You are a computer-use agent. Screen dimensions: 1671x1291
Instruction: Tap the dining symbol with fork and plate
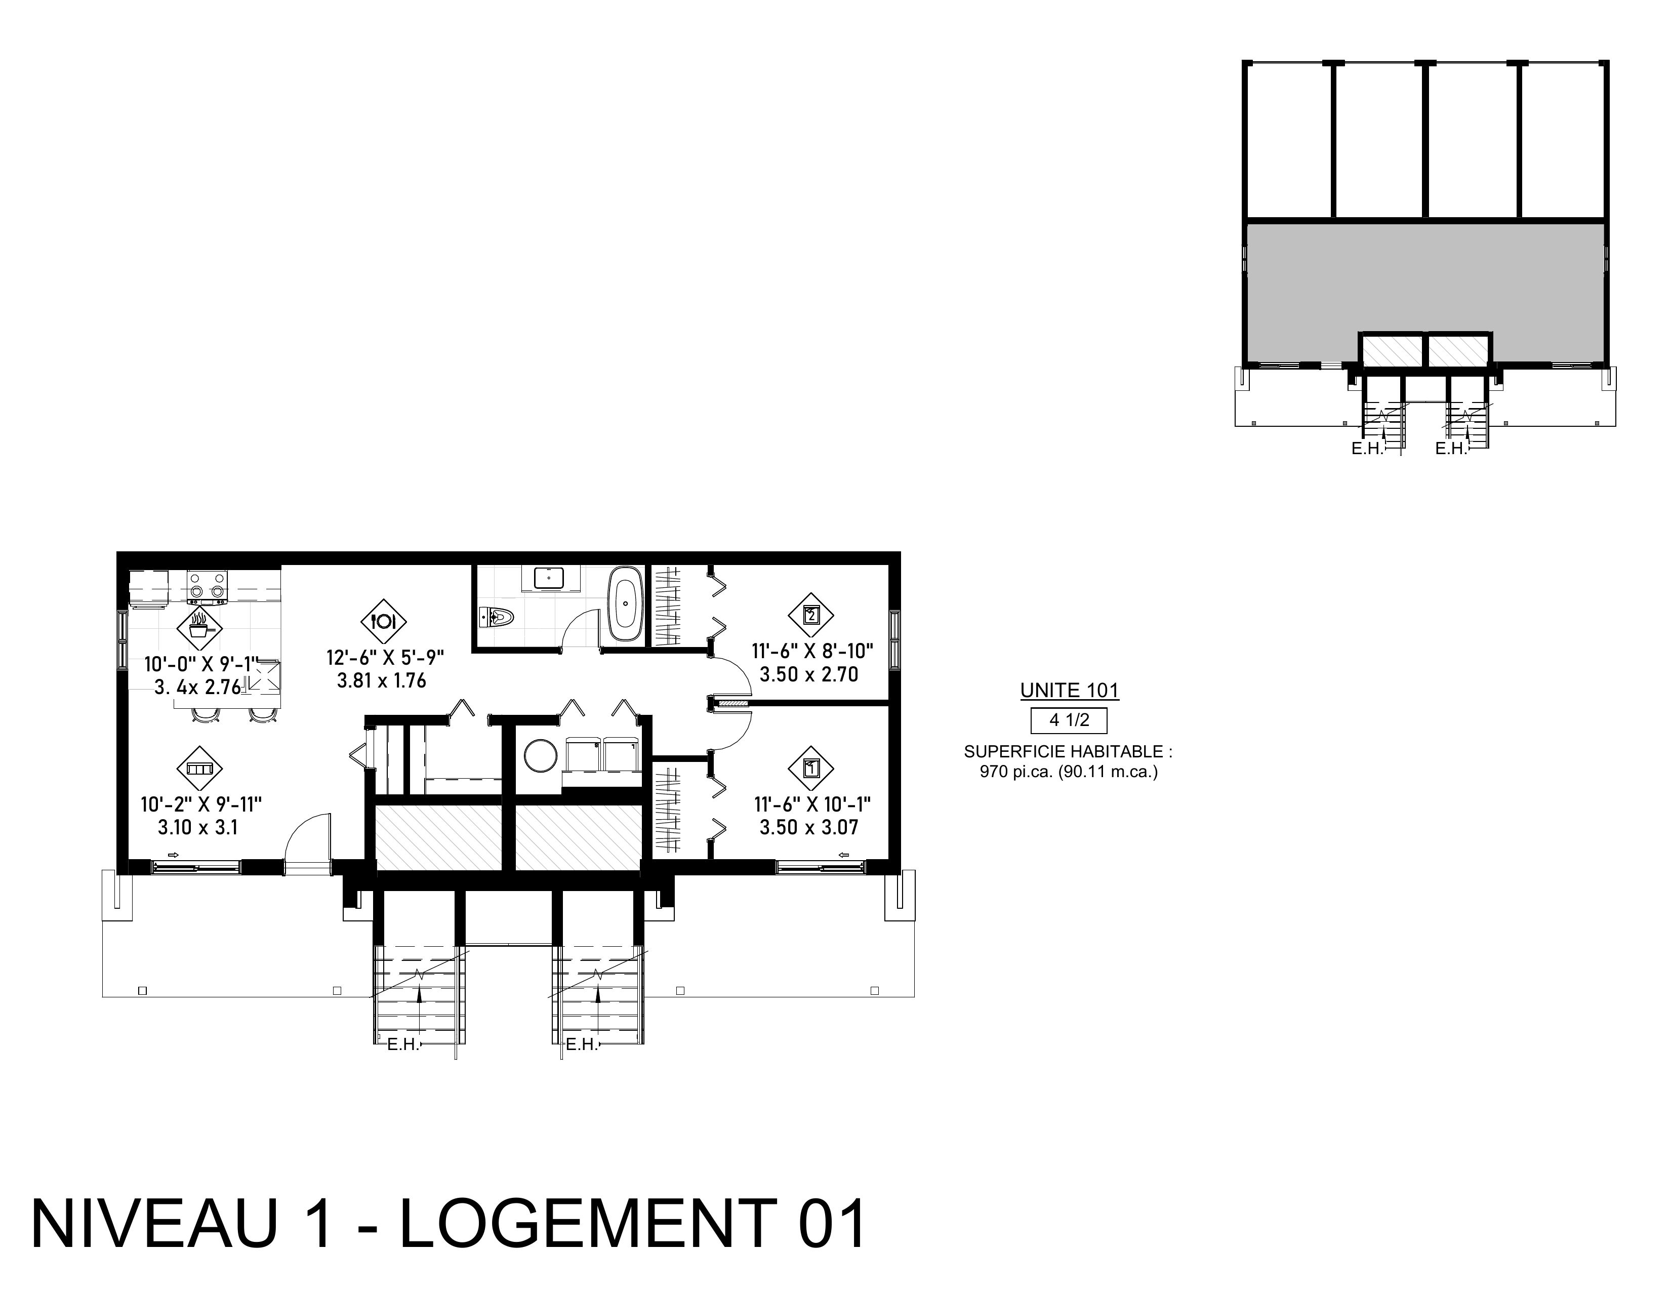tap(383, 621)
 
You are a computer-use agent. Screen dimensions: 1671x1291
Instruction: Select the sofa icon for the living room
tap(199, 769)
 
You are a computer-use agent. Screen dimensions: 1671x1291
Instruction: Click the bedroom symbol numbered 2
tap(811, 615)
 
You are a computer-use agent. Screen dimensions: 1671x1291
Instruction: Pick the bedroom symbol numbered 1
tap(811, 769)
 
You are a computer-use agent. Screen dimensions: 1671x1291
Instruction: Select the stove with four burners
tap(208, 587)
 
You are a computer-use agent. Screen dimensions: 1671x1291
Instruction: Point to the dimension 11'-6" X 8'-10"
tap(812, 651)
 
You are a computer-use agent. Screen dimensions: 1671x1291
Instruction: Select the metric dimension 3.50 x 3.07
tap(809, 827)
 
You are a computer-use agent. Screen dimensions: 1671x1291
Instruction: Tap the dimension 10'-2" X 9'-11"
tap(201, 804)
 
